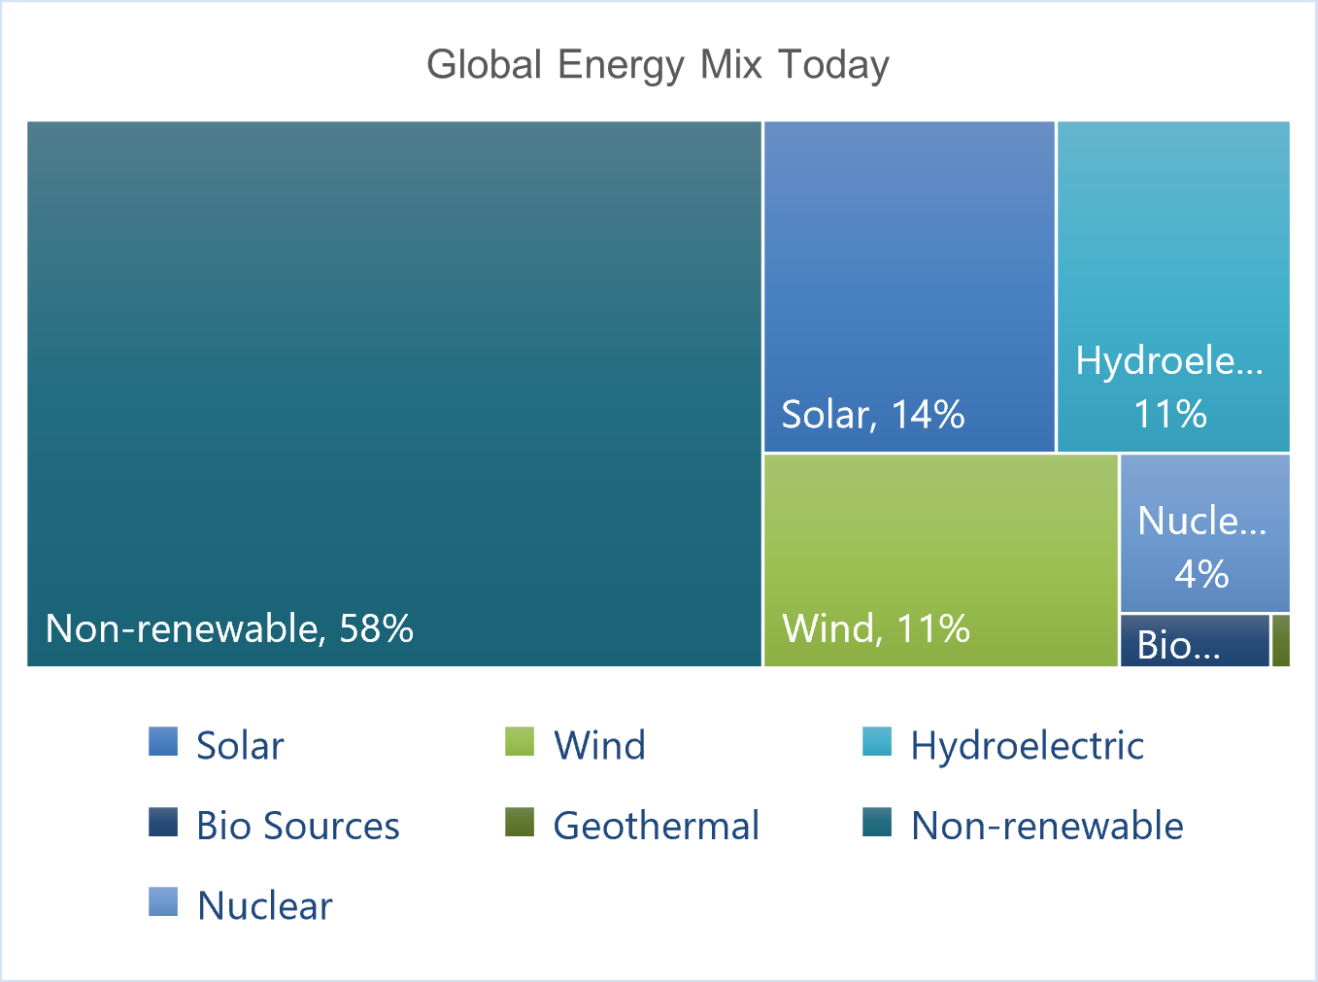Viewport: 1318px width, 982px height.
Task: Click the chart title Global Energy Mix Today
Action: click(x=658, y=66)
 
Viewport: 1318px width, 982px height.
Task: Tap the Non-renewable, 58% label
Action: click(x=229, y=628)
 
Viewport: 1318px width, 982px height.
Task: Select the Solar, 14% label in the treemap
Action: click(x=873, y=415)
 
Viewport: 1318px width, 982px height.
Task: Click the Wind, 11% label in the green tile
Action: click(x=876, y=628)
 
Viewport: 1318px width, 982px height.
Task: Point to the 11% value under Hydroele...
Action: click(x=1170, y=414)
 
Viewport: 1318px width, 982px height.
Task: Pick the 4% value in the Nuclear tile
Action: click(x=1201, y=574)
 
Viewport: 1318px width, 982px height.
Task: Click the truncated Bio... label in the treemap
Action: click(x=1178, y=645)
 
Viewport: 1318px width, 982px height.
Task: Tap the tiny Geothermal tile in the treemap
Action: click(x=1280, y=640)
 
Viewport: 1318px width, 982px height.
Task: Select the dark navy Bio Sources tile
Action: click(x=1195, y=640)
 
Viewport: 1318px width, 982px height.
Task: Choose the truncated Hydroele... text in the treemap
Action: click(x=1169, y=360)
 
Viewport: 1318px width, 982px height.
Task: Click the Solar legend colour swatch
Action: click(x=163, y=741)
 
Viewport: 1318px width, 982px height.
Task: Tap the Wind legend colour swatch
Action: click(x=520, y=741)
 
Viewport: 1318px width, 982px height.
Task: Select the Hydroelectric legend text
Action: click(x=1028, y=745)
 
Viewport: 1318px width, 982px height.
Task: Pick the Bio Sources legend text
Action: click(x=298, y=826)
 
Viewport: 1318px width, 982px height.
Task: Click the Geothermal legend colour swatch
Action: click(x=520, y=822)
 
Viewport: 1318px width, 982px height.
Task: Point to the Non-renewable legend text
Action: click(x=1047, y=826)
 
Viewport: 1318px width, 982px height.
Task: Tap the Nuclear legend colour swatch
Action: click(x=163, y=901)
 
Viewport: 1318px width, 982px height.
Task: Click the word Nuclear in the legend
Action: click(x=264, y=906)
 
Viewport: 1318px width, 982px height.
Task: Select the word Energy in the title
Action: click(x=621, y=66)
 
